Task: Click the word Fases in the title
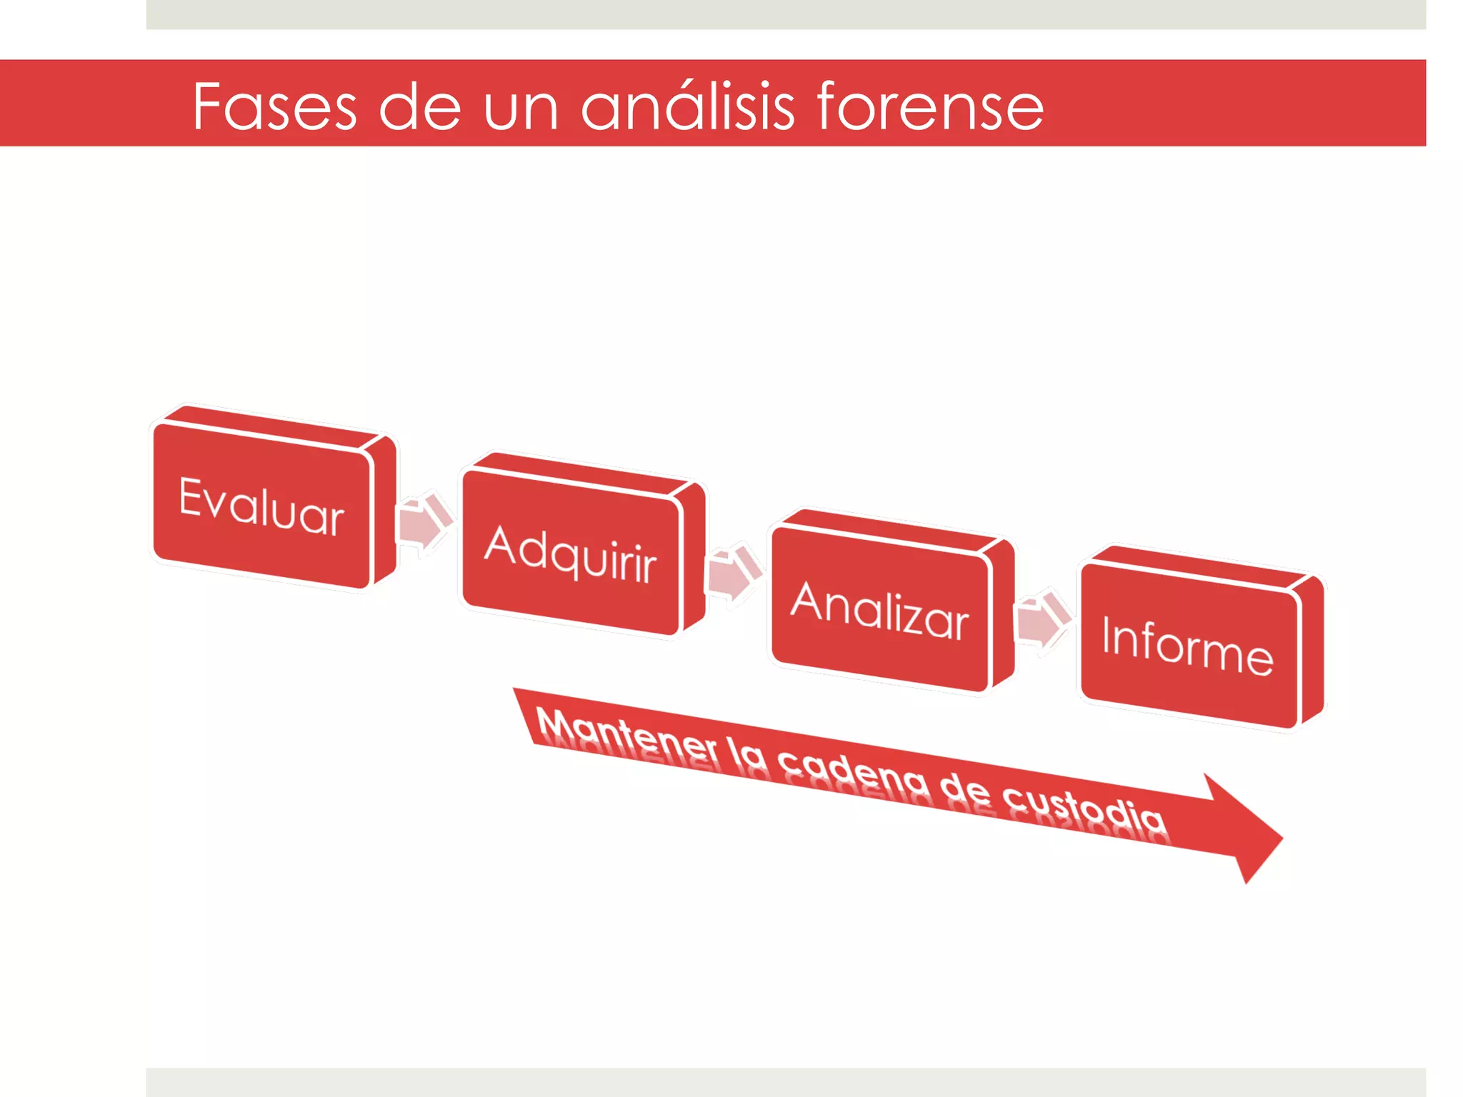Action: [274, 107]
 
